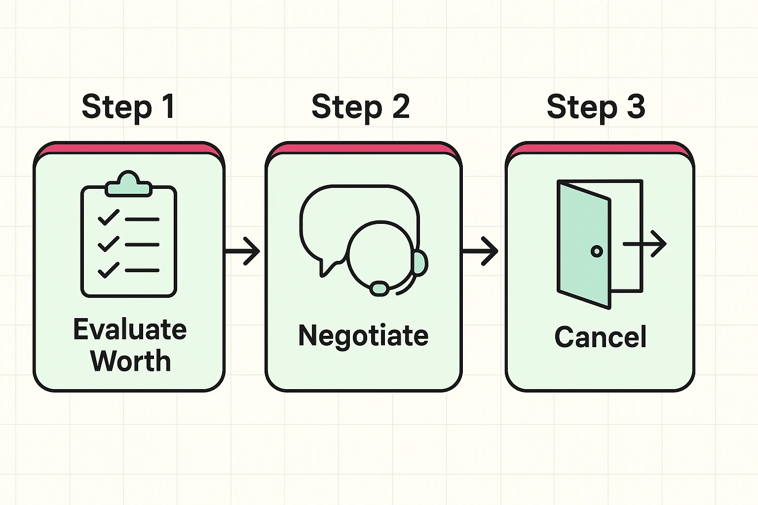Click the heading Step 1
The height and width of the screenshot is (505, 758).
[x=128, y=107]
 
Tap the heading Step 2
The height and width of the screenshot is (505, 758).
[x=361, y=107]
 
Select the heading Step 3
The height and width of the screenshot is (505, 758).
[x=596, y=107]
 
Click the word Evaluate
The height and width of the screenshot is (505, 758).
[x=130, y=329]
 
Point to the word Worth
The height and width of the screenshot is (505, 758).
[x=130, y=361]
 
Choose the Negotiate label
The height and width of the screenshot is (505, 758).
[x=363, y=336]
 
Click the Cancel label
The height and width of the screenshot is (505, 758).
[x=600, y=337]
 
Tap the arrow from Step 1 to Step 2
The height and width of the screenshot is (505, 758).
[x=243, y=252]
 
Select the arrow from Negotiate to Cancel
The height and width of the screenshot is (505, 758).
[x=481, y=252]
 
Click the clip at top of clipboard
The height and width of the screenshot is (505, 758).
[x=128, y=184]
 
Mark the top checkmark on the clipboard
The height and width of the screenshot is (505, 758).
[x=109, y=217]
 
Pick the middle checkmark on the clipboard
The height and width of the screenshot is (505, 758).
[x=109, y=244]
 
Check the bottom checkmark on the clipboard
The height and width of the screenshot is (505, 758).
[x=109, y=270]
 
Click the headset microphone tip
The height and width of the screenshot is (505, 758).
[x=379, y=288]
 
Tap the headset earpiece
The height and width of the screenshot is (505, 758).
[x=420, y=263]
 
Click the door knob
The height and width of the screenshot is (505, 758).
[x=597, y=252]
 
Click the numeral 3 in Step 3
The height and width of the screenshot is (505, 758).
[x=636, y=107]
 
